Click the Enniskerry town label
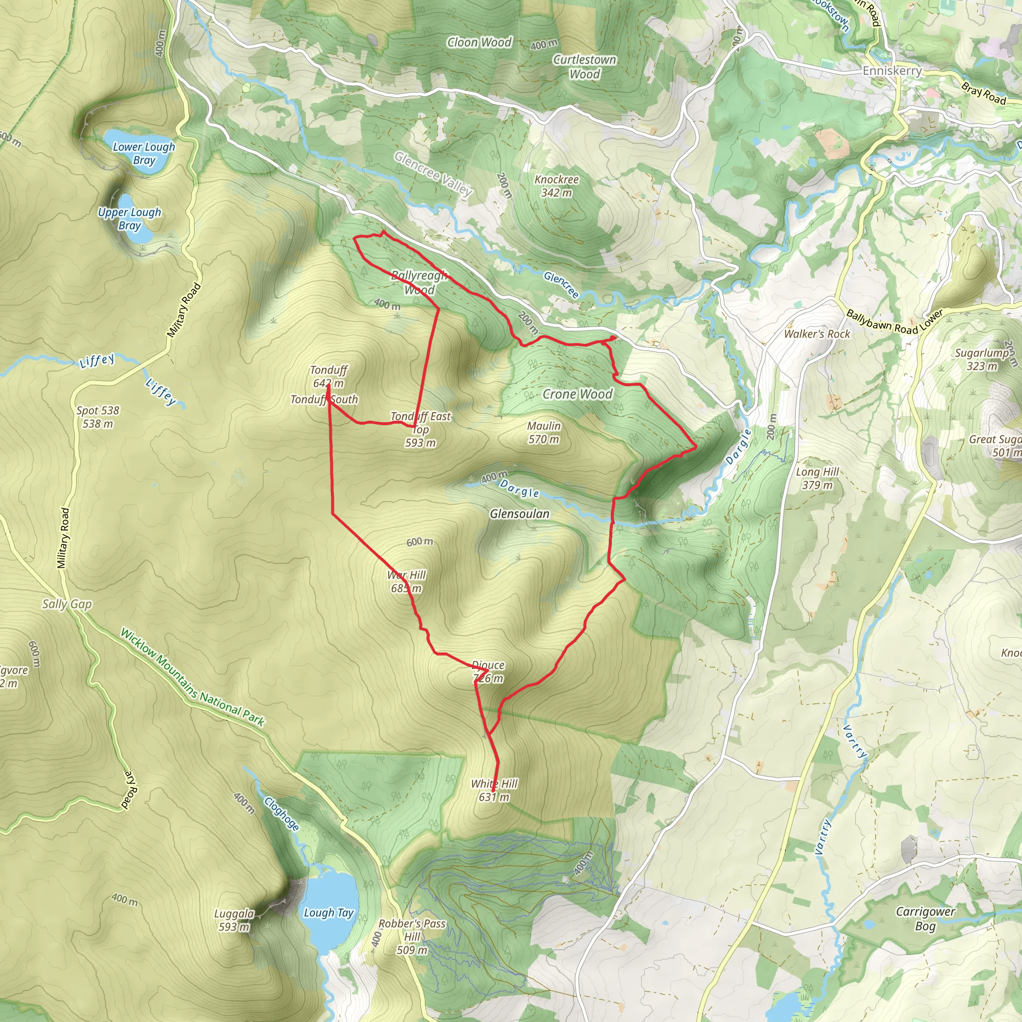pos(892,71)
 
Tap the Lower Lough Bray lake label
pos(144,153)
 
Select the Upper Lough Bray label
pos(130,219)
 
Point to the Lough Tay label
pos(328,913)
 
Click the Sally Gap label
pos(67,604)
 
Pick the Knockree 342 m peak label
pos(556,186)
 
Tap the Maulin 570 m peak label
pos(544,432)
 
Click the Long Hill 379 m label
pos(817,478)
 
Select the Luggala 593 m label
pos(234,920)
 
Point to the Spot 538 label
pos(98,417)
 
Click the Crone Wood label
pos(578,394)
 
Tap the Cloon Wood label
pos(479,42)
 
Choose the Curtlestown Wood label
pos(584,67)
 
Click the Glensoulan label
pos(519,513)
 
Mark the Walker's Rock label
pos(817,334)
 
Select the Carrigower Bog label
pos(925,918)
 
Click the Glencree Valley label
pos(433,174)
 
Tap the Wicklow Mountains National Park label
pos(193,677)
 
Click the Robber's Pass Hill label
pos(412,936)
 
